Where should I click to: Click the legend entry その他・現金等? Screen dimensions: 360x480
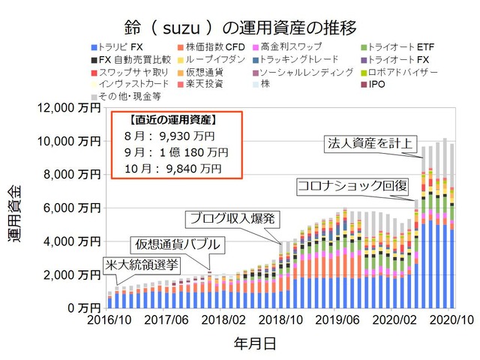tap(123, 97)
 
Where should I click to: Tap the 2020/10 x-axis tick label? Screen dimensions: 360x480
tap(448, 321)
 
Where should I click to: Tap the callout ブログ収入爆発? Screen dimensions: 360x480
tap(232, 218)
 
